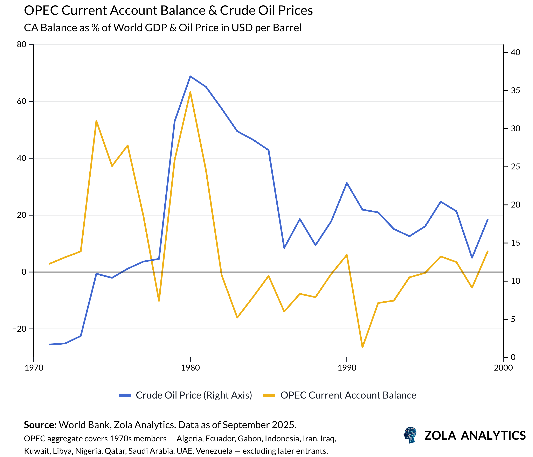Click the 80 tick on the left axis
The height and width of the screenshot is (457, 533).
pos(22,44)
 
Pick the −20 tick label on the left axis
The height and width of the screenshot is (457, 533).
pos(19,329)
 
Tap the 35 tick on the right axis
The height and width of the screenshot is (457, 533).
pos(515,91)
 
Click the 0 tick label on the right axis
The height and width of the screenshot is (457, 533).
pos(513,357)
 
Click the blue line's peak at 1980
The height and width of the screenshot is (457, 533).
pos(190,76)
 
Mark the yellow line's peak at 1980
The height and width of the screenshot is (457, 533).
pos(190,92)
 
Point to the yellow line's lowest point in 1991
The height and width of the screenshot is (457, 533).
pos(362,347)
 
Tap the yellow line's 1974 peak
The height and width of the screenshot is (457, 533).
pos(96,121)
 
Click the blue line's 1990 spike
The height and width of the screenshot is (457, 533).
pos(347,183)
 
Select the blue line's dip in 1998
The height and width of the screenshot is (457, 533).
pos(472,258)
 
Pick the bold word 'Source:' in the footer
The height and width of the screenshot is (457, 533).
pos(40,425)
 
